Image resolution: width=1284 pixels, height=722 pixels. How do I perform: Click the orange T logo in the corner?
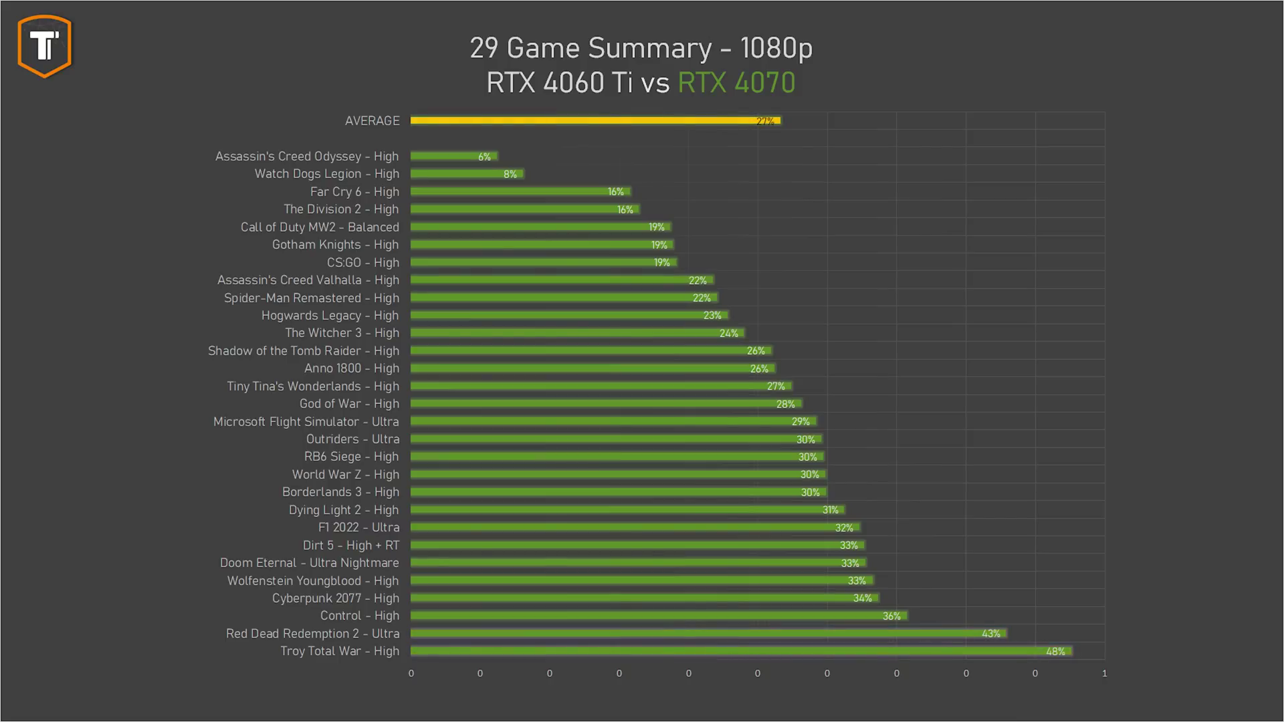click(45, 46)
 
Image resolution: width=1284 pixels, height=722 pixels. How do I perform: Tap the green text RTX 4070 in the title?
click(736, 83)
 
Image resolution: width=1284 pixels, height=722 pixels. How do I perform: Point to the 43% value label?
click(990, 634)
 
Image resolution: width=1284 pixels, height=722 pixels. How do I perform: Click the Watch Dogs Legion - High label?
click(326, 174)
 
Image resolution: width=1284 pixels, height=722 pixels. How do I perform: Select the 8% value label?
click(510, 174)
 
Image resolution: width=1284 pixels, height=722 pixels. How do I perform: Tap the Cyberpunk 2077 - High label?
click(335, 598)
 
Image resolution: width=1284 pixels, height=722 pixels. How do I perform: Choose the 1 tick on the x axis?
click(1104, 673)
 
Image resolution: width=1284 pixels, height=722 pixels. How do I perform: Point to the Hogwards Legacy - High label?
click(330, 316)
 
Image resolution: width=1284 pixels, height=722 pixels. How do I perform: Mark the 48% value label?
click(1055, 652)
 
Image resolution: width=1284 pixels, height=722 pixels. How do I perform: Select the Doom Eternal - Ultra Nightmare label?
click(309, 563)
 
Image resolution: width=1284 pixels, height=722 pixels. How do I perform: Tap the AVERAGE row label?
click(372, 121)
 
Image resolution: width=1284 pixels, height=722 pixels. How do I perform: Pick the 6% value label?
click(484, 157)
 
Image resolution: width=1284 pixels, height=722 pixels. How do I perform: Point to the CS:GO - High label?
click(362, 263)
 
